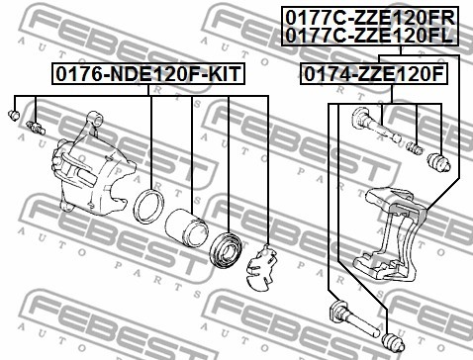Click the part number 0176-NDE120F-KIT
[148, 74]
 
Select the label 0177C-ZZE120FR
[370, 17]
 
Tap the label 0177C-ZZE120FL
[369, 36]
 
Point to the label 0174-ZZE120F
[374, 74]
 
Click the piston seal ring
[148, 207]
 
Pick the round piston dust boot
[226, 249]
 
